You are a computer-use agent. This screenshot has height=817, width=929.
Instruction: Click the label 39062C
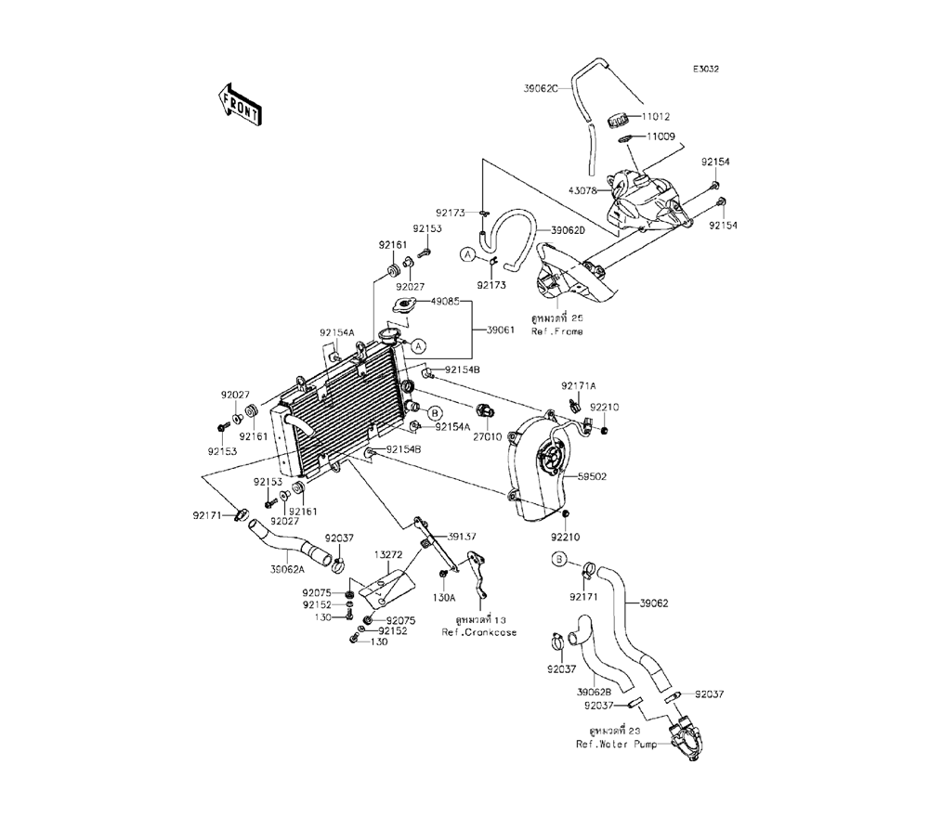coord(540,88)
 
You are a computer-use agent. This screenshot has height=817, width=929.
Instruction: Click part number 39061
coord(498,329)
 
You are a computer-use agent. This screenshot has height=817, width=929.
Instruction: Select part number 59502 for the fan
coord(592,476)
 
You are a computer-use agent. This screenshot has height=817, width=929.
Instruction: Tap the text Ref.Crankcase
coord(479,632)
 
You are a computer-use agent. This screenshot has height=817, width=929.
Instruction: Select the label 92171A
coord(578,385)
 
